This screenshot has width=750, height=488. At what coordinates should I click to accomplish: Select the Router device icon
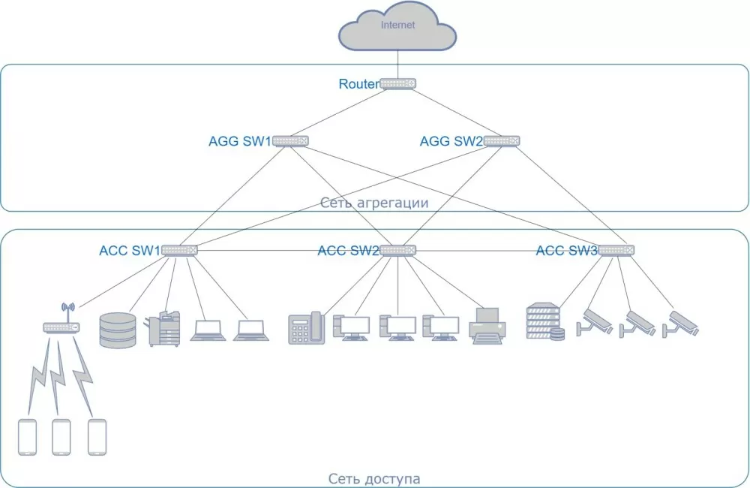[x=398, y=84]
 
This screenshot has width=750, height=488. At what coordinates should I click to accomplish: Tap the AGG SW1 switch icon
[x=290, y=141]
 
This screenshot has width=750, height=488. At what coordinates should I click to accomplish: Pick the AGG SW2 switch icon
[x=501, y=141]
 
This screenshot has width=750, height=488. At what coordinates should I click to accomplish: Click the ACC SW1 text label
[x=130, y=251]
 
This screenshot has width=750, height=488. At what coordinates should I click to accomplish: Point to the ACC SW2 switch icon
[x=398, y=250]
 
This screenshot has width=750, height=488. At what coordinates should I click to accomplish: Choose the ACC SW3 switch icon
[x=616, y=250]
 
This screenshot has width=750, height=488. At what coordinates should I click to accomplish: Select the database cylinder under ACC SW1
[x=118, y=330]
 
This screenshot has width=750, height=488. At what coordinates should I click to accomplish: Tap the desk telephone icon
[x=307, y=328]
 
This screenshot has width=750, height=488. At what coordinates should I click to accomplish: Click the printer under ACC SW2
[x=487, y=326]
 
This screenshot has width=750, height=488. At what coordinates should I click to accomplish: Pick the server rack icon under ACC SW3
[x=545, y=321]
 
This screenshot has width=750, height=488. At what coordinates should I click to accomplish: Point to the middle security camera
[x=637, y=324]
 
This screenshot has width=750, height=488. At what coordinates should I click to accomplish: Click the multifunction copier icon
[x=164, y=329]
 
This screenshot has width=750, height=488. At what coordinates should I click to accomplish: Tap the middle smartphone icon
[x=61, y=437]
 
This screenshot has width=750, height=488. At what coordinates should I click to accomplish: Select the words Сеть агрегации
[x=374, y=203]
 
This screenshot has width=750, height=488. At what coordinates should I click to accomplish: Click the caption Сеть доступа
[x=374, y=478]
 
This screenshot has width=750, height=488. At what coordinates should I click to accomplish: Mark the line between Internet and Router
[x=398, y=64]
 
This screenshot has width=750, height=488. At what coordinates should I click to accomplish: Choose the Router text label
[x=358, y=84]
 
